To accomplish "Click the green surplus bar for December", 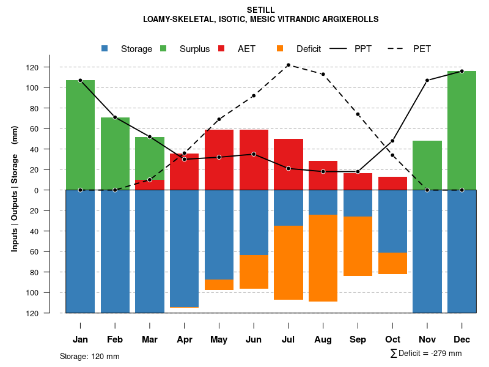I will coord(461,130).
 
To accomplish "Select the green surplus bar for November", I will coord(427,165).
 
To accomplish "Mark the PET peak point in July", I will coord(289,65).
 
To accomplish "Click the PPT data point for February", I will coord(115,117).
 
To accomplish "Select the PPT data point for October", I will coord(392,141).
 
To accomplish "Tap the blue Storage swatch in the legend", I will coord(105,49).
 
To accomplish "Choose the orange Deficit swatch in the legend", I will coord(281,49).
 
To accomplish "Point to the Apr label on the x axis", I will coord(185,339).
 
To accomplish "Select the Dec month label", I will coord(461,339).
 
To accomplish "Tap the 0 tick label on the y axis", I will coord(54,190).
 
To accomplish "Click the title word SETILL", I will coord(261,10).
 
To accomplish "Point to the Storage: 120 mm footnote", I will coord(90,356).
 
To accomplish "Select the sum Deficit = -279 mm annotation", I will coord(426,354).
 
